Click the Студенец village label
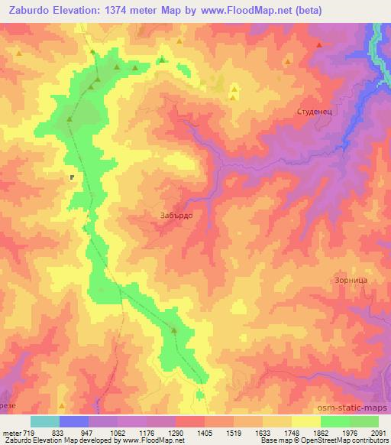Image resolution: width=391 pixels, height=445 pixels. pyautogui.click(x=312, y=112)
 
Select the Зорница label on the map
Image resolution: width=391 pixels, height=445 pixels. pyautogui.click(x=351, y=281)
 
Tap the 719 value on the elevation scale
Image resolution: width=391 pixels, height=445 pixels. pyautogui.click(x=28, y=433)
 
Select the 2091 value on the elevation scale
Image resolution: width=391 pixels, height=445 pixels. pyautogui.click(x=377, y=433)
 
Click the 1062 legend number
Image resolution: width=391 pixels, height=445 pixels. pyautogui.click(x=116, y=433)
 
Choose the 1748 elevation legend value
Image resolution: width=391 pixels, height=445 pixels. pyautogui.click(x=290, y=433)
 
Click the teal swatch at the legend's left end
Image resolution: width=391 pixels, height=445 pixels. pyautogui.click(x=44, y=421)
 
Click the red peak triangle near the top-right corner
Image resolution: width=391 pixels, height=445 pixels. pyautogui.click(x=318, y=45)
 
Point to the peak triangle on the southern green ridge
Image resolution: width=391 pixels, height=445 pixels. pyautogui.click(x=174, y=330)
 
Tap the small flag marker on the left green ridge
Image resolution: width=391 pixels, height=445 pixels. pyautogui.click(x=72, y=177)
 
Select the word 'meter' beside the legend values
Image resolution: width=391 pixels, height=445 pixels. pyautogui.click(x=11, y=433)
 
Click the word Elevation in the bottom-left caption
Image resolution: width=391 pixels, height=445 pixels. pyautogui.click(x=51, y=441)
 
